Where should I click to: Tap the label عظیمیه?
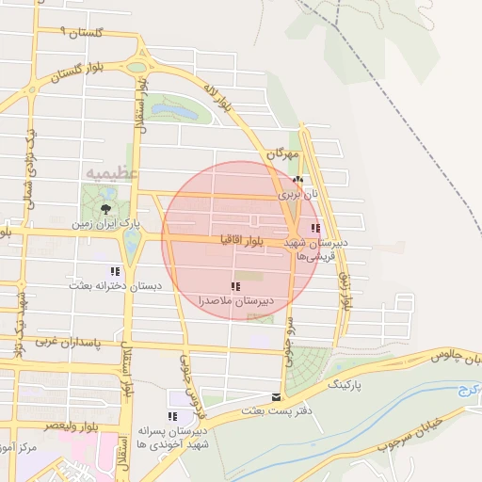click(112, 173)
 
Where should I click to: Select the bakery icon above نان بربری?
click(297, 179)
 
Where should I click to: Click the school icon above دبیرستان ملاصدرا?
click(234, 285)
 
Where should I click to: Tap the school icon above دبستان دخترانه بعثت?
click(115, 269)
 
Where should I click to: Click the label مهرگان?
click(281, 153)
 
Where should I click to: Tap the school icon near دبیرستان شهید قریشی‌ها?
click(315, 227)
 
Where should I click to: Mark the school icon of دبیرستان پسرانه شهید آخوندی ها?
click(171, 415)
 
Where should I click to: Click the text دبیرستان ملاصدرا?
click(235, 300)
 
